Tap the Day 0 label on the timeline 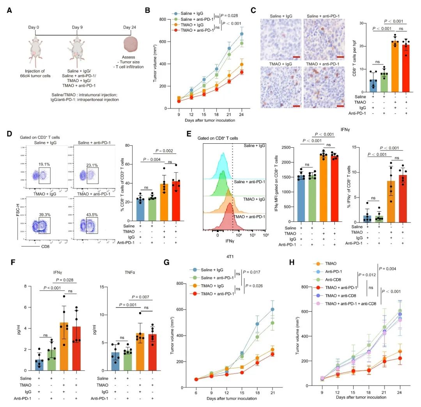[x=34, y=27]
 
